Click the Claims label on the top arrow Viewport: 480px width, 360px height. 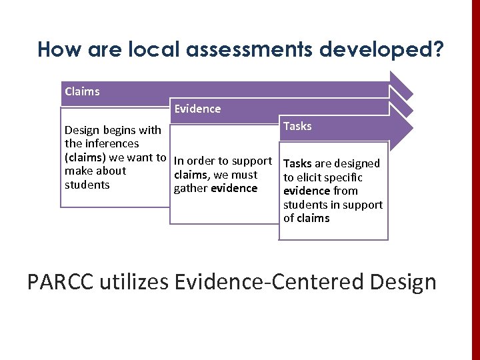(82, 92)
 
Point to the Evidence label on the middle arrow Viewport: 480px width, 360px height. (197, 109)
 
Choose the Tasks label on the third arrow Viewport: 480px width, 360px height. (297, 126)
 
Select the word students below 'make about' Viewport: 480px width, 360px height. (87, 185)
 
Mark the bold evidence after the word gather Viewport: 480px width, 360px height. (234, 188)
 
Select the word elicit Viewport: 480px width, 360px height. (311, 177)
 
